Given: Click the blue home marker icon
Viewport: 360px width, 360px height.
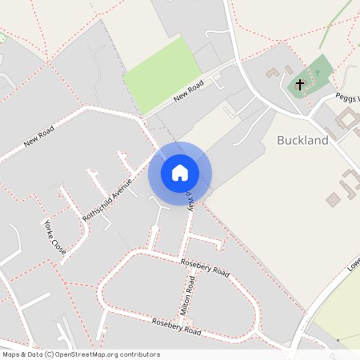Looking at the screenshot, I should tap(180, 173).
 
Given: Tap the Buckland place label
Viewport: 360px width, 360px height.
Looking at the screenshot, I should tap(302, 141).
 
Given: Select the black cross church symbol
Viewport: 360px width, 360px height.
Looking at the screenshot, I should tap(301, 83).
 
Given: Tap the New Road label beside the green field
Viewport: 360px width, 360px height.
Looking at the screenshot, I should tap(190, 94).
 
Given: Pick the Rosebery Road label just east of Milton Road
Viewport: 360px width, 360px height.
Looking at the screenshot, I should tap(205, 268).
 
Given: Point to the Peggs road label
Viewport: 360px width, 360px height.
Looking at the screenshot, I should tap(347, 98).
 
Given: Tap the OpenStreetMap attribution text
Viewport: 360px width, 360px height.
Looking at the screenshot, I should tap(80, 354).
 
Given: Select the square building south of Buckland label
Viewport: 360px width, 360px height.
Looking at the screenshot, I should tap(333, 199).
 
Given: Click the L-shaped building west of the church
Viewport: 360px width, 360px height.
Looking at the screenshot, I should tap(274, 72).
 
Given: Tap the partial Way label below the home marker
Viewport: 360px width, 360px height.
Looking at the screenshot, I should tap(191, 200).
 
